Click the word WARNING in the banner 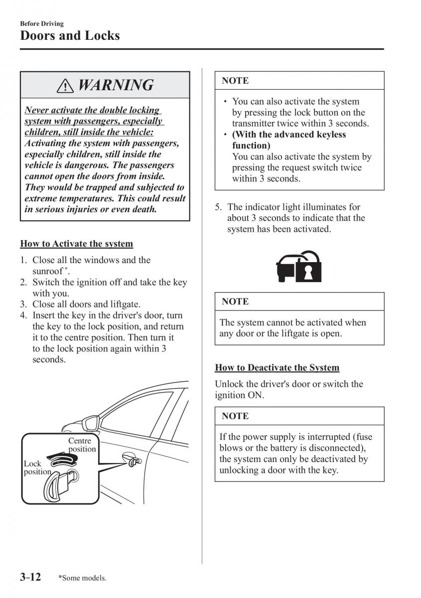pyautogui.click(x=116, y=85)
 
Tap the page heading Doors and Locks pyautogui.click(x=70, y=35)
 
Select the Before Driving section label pyautogui.click(x=42, y=23)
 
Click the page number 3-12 pyautogui.click(x=30, y=577)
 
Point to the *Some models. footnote pyautogui.click(x=82, y=578)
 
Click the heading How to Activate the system pyautogui.click(x=76, y=244)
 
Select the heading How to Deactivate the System pyautogui.click(x=277, y=368)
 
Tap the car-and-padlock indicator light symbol pyautogui.click(x=299, y=266)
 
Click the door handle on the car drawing pyautogui.click(x=131, y=459)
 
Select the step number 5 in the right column pyautogui.click(x=218, y=207)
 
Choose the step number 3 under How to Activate pyautogui.click(x=23, y=304)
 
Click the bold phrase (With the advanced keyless pyautogui.click(x=289, y=135)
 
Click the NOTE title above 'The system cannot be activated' pyautogui.click(x=235, y=301)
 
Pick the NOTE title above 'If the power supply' pyautogui.click(x=235, y=416)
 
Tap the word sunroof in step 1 pyautogui.click(x=47, y=271)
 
